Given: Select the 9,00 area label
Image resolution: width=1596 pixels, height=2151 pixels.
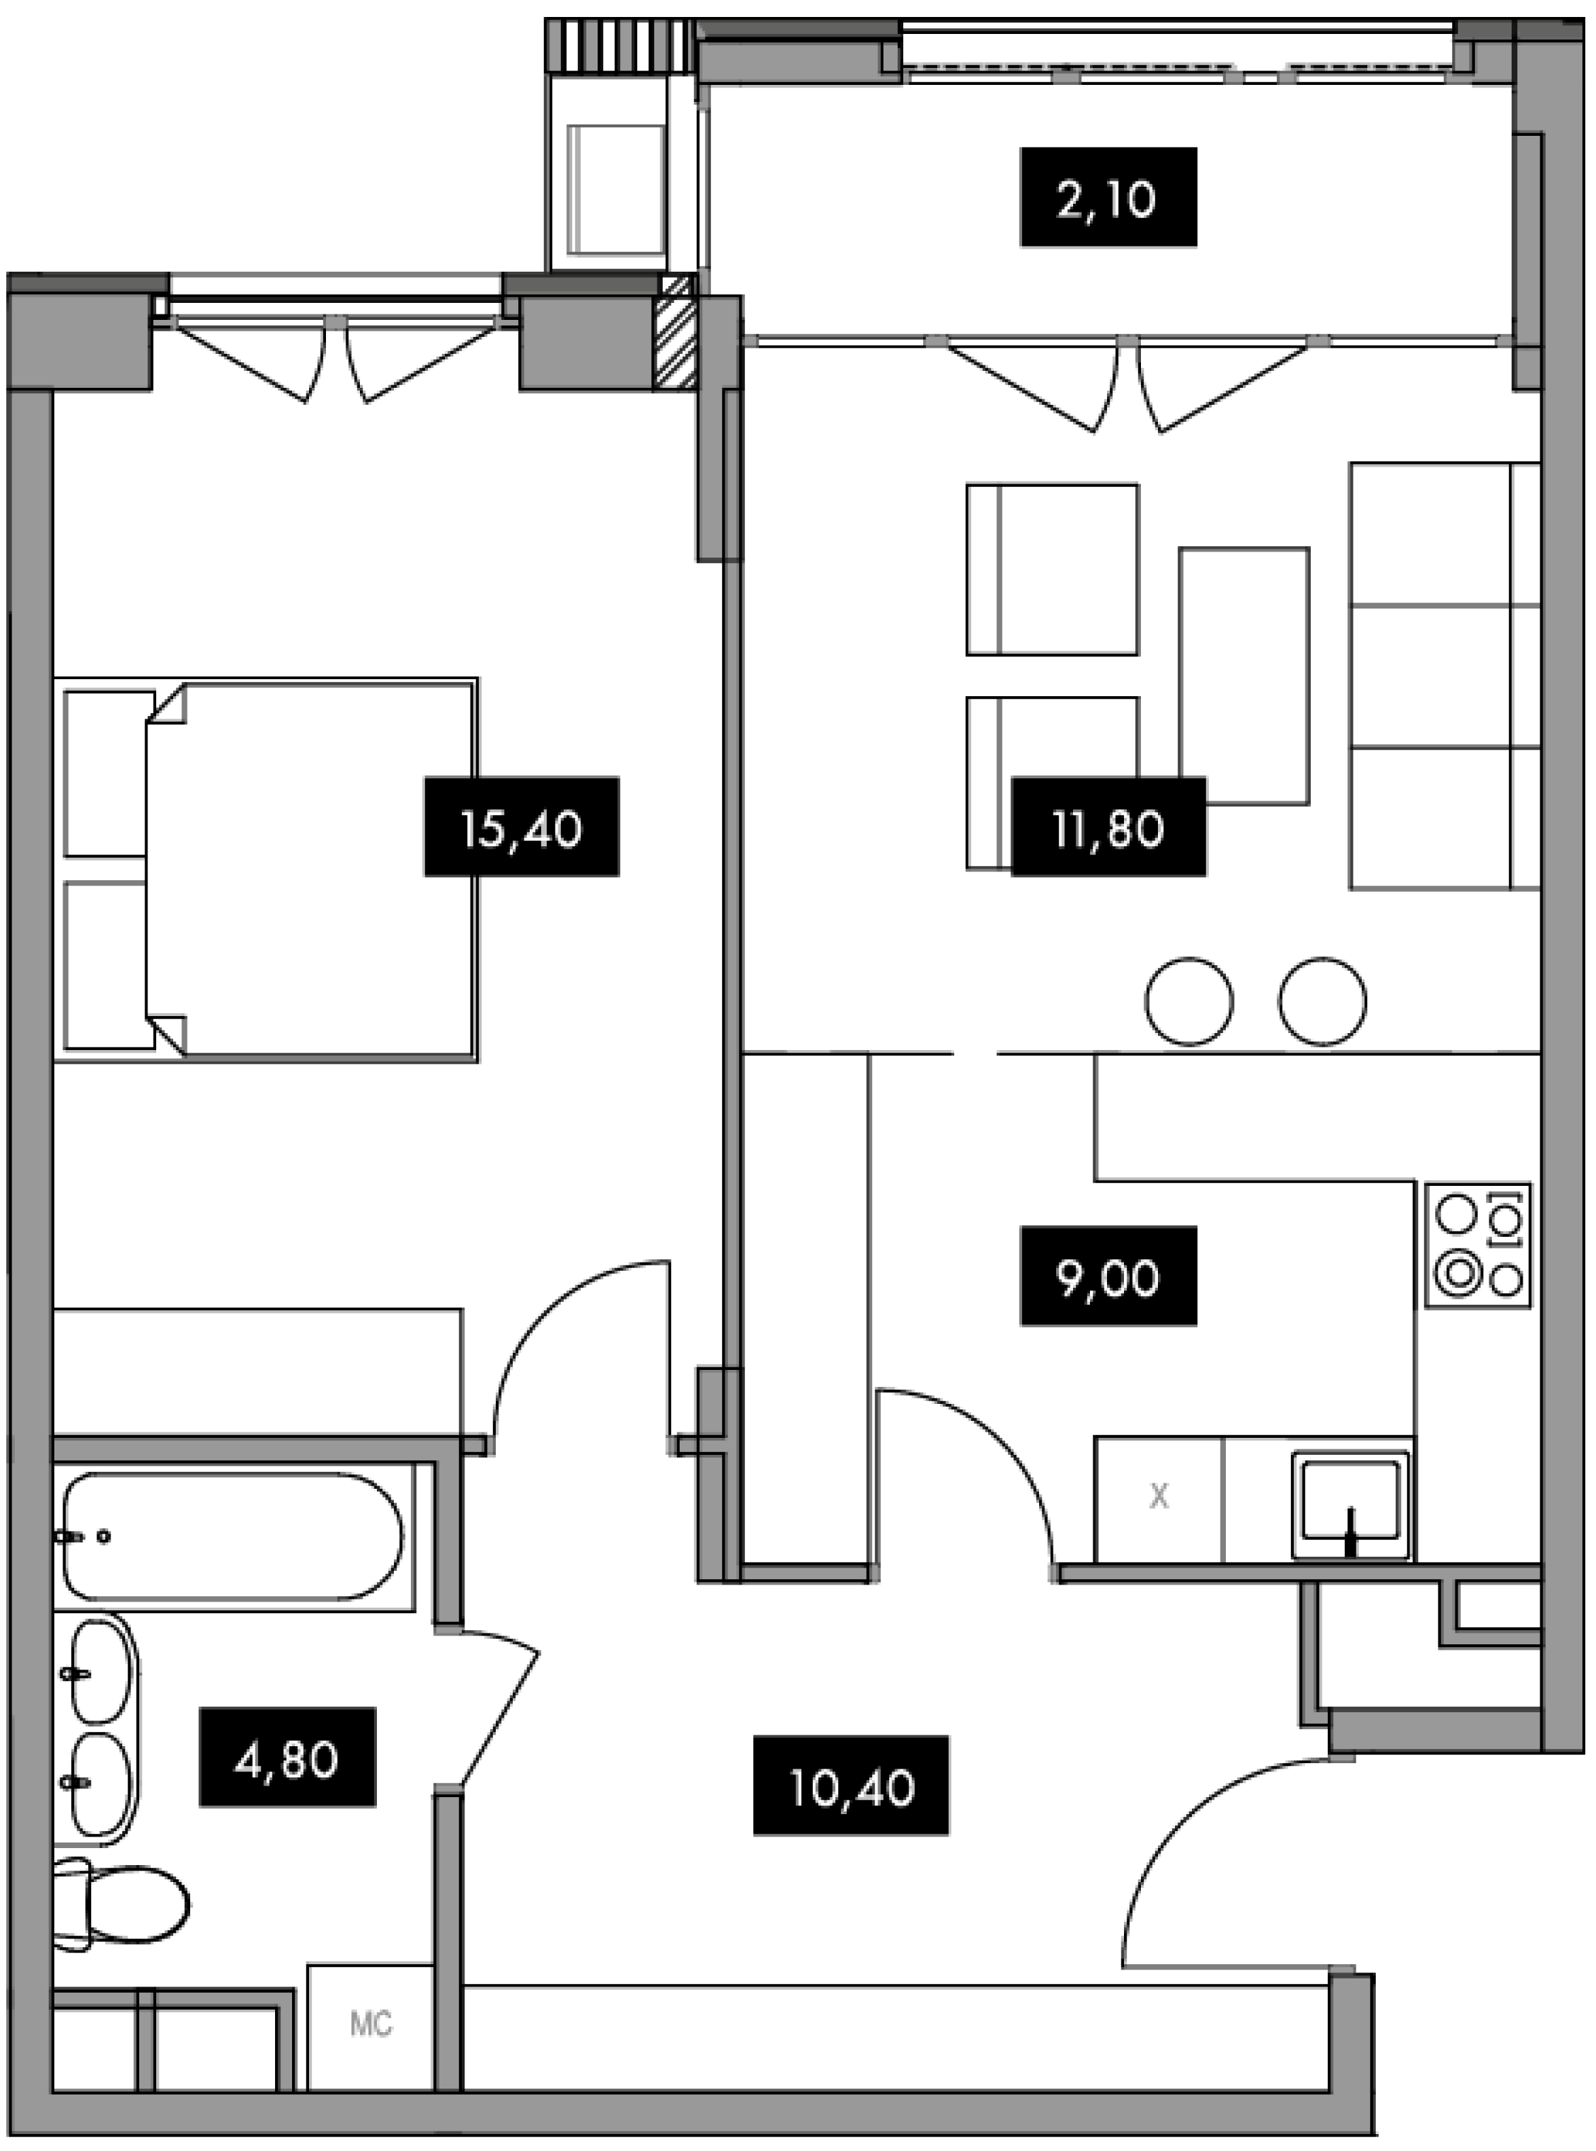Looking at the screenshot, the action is click(1108, 1276).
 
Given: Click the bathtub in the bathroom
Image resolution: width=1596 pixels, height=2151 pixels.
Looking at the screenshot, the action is click(232, 1537).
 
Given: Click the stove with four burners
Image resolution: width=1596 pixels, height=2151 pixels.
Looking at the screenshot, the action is click(1478, 1246).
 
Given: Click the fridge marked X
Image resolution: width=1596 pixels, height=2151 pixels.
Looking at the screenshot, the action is click(1159, 1498).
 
